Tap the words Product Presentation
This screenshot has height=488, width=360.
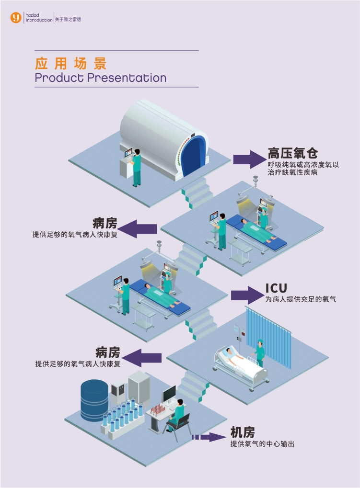point(101,78)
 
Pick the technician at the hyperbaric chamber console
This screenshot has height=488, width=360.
point(137,168)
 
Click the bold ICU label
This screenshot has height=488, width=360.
point(277,288)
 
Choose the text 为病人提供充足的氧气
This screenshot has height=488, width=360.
point(301,299)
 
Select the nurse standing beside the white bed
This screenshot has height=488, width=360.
point(260,352)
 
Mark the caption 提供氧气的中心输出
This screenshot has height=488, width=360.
point(262,444)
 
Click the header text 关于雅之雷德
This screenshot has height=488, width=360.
point(68,19)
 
